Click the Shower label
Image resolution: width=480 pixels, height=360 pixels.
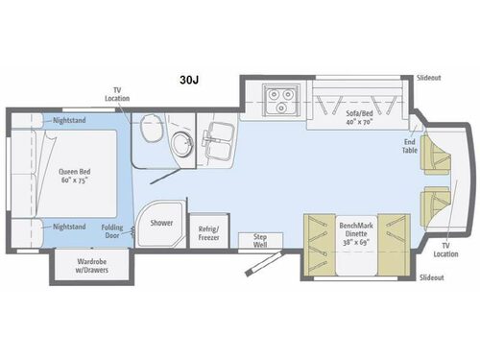click(x=160, y=223)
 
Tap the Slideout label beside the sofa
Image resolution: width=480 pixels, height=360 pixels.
click(x=430, y=77)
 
